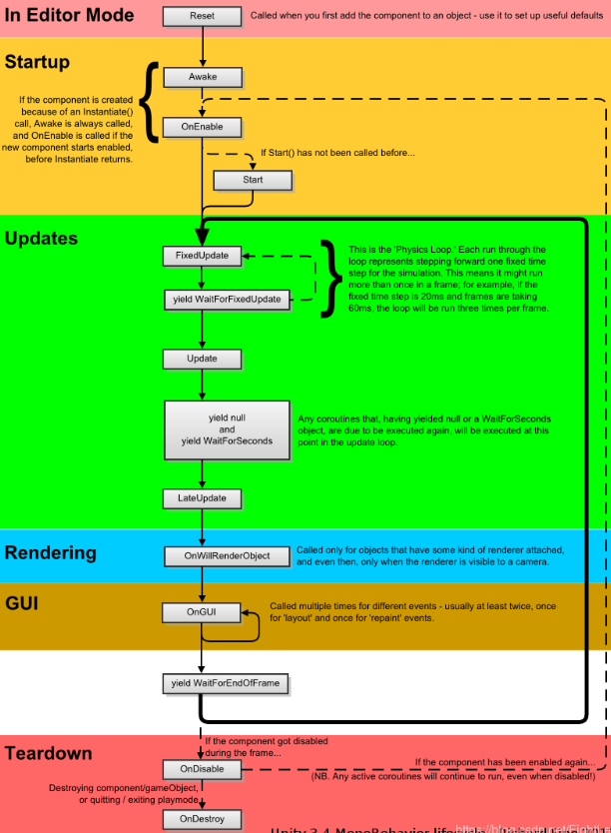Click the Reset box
[x=202, y=17]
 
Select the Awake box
[x=202, y=77]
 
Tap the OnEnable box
[x=202, y=127]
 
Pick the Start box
[x=253, y=180]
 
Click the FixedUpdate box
[x=202, y=256]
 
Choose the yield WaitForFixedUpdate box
[x=228, y=299]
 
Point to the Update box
[x=202, y=358]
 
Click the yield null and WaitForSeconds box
[x=228, y=428]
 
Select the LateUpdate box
[x=202, y=497]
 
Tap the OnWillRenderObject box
[x=228, y=555]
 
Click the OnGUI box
[x=202, y=612]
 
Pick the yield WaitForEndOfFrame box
[x=228, y=683]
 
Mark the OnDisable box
[x=202, y=769]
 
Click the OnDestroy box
[x=202, y=818]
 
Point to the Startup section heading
[x=38, y=62]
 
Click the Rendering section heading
[x=51, y=552]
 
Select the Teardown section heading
[x=49, y=753]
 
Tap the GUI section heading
[x=23, y=603]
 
